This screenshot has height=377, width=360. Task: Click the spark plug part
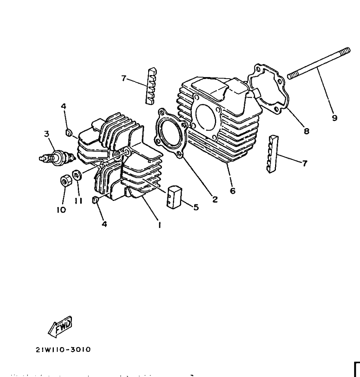coord(57,158)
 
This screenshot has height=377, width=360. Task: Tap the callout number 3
coord(47,134)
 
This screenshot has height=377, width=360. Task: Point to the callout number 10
coord(61,210)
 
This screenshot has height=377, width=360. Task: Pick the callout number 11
coord(78,200)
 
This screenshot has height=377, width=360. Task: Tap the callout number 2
coord(215,199)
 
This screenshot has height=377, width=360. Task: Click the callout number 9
coord(334,118)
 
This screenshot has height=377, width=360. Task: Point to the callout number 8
coord(307,131)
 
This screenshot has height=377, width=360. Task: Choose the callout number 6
coord(233,191)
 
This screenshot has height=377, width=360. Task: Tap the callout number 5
coord(197,207)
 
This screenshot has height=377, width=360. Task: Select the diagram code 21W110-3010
coord(63,349)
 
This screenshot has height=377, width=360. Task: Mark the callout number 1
coord(159,225)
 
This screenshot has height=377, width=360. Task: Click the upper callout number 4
coord(63,106)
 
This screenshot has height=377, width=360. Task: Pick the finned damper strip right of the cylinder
coord(272,154)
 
